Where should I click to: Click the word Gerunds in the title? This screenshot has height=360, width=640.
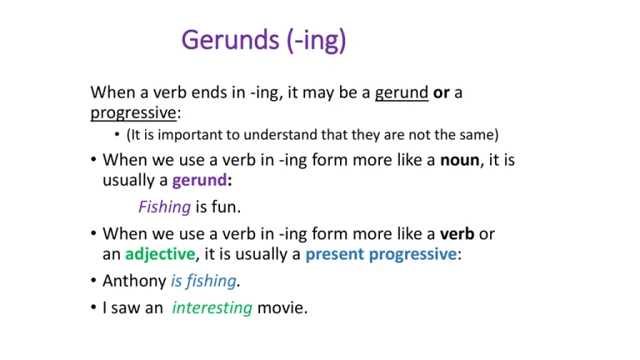(x=230, y=40)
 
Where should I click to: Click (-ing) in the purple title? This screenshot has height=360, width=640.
(x=317, y=41)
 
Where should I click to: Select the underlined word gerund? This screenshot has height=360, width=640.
(x=402, y=93)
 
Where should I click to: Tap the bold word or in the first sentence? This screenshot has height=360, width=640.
(x=441, y=93)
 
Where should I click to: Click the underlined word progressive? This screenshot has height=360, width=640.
(x=133, y=113)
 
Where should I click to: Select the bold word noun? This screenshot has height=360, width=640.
(x=460, y=160)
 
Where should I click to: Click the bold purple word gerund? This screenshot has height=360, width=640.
(x=200, y=180)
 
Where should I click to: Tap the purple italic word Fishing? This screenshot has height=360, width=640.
(x=164, y=207)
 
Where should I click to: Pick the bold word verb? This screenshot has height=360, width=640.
(x=457, y=234)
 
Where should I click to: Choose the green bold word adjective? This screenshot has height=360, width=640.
(x=160, y=254)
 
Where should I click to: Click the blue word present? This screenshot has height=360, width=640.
(x=335, y=255)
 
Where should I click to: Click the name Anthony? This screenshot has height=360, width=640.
(x=134, y=281)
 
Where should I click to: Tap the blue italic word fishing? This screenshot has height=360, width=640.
(x=211, y=281)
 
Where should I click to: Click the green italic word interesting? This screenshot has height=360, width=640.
(x=212, y=307)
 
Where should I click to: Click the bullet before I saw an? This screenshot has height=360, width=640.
(x=93, y=307)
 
